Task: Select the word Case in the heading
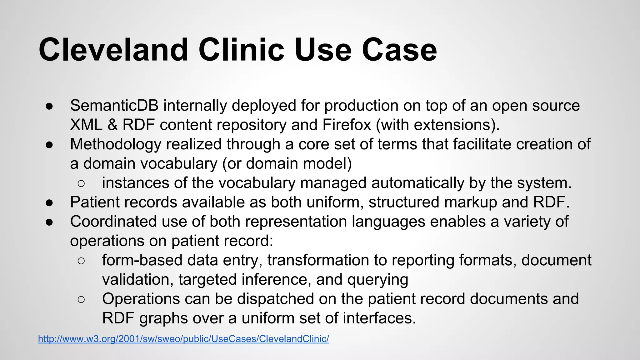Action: tap(399, 50)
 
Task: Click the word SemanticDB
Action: tap(114, 106)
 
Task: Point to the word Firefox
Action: tap(347, 125)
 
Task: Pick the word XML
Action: tap(86, 125)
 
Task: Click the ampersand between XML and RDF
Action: tap(112, 125)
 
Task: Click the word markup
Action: tap(471, 202)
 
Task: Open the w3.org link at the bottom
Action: tap(183, 339)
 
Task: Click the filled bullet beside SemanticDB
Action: tap(49, 106)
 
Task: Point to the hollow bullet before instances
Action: tap(81, 183)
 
